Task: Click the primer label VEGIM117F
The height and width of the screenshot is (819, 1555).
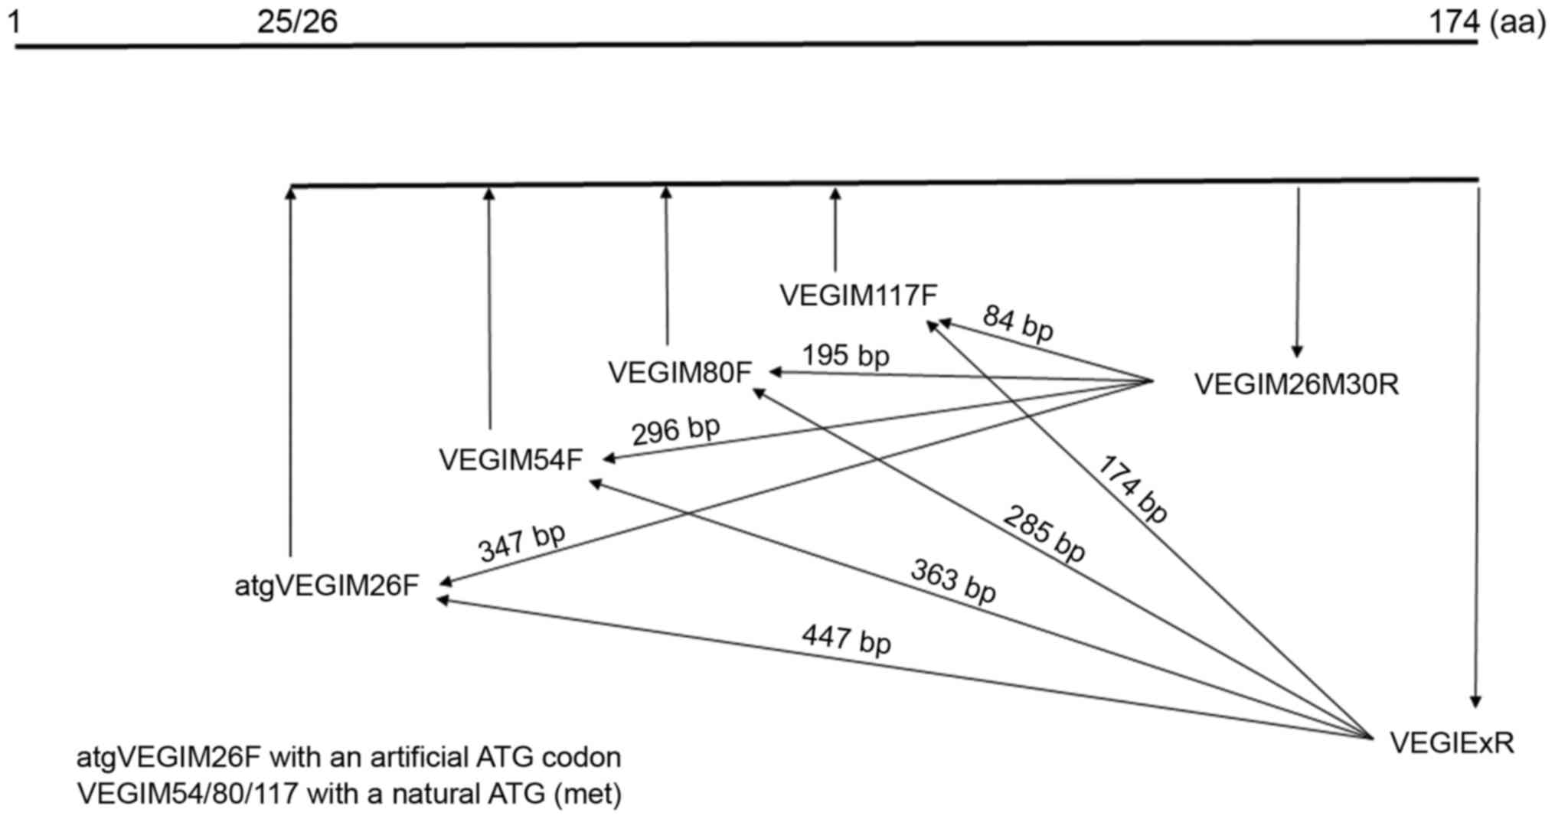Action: (x=858, y=295)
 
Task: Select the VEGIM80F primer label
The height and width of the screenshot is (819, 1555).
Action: (x=680, y=373)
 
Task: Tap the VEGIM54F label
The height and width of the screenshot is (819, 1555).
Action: (x=511, y=460)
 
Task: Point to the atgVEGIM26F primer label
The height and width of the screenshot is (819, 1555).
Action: (x=327, y=586)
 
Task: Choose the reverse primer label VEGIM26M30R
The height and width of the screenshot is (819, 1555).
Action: (x=1296, y=384)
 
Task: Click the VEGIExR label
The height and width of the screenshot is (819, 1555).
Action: (x=1452, y=742)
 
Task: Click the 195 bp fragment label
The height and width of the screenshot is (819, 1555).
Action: (x=845, y=355)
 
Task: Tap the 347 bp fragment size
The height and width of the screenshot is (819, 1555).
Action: (x=521, y=542)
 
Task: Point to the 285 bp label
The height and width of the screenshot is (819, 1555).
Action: (x=1044, y=533)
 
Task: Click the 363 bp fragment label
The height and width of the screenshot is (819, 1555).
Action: (x=953, y=580)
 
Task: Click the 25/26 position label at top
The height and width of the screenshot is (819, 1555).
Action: (x=297, y=22)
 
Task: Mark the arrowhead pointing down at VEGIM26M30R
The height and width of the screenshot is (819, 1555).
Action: (x=1296, y=351)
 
